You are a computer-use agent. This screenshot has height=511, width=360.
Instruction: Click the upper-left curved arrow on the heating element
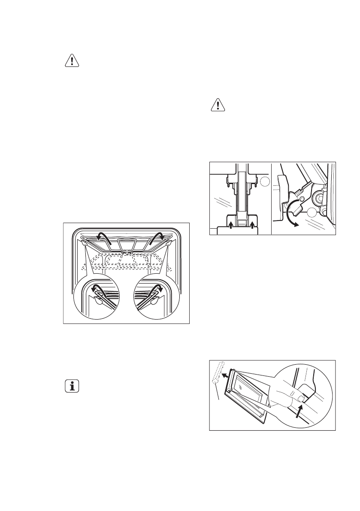click(x=103, y=236)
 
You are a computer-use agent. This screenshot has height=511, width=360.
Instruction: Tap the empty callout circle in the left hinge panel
click(x=264, y=183)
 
